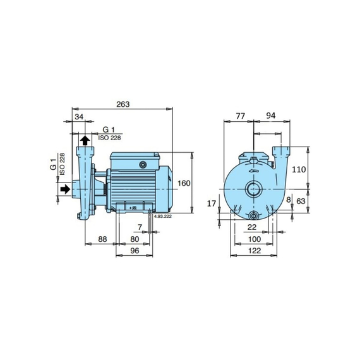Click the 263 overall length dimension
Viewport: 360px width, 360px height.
click(x=123, y=104)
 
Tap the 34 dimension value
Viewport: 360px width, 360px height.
click(x=79, y=117)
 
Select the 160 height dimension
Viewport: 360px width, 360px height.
click(x=184, y=183)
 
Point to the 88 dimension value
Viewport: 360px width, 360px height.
click(x=102, y=239)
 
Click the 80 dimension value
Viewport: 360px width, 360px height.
click(x=135, y=239)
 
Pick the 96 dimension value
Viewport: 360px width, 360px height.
click(x=135, y=251)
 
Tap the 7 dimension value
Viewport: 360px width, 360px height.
click(x=140, y=227)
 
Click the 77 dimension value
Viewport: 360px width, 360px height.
click(x=241, y=116)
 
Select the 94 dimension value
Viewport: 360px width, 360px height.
click(x=271, y=116)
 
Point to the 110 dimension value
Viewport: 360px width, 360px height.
click(x=299, y=169)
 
